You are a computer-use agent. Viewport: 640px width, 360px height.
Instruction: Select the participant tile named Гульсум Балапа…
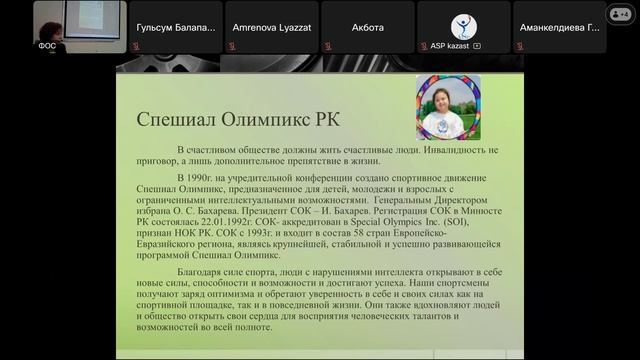[173, 29]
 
